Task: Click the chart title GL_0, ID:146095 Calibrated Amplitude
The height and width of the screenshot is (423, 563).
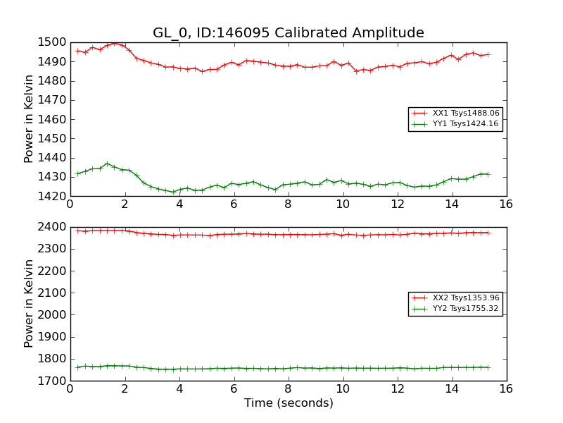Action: [289, 33]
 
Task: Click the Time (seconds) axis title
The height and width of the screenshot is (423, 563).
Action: [289, 403]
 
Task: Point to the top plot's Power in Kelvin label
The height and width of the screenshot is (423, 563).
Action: [29, 119]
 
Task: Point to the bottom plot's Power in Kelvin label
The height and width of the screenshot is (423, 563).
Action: [29, 303]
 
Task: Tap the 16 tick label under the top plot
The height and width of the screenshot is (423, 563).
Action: [506, 204]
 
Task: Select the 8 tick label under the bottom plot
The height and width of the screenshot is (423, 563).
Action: [288, 389]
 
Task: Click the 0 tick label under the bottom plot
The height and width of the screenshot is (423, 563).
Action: [70, 389]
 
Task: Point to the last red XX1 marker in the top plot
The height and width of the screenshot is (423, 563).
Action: [488, 54]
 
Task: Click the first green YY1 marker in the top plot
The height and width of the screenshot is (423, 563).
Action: [77, 173]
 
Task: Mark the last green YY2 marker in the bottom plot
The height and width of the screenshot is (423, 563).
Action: [488, 367]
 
